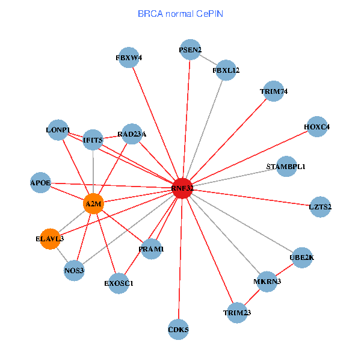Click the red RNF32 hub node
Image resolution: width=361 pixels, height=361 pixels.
[182, 188]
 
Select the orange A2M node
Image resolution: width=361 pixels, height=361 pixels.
[94, 203]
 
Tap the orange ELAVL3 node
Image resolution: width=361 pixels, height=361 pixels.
[50, 239]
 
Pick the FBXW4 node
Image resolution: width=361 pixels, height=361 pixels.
[129, 58]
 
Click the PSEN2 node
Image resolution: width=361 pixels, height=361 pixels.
[190, 49]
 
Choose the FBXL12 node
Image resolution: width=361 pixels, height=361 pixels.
[226, 70]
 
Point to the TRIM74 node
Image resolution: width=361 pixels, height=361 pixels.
[274, 91]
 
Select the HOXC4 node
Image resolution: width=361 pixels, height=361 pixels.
[316, 127]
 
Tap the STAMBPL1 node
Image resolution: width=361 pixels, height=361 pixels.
[286, 166]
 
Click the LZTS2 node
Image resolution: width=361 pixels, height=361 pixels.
[320, 206]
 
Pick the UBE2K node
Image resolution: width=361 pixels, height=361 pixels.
[301, 258]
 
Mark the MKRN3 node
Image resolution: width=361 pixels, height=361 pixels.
[267, 281]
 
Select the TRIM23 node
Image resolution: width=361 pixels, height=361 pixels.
[236, 312]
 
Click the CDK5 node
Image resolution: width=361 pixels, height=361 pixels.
[178, 329]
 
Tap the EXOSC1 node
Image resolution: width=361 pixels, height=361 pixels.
[118, 283]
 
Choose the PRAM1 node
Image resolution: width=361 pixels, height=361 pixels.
[151, 248]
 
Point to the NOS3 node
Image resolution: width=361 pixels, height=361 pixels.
[74, 271]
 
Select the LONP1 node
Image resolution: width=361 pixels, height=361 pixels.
[58, 130]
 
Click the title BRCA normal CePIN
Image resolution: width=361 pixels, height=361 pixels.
[180, 13]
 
